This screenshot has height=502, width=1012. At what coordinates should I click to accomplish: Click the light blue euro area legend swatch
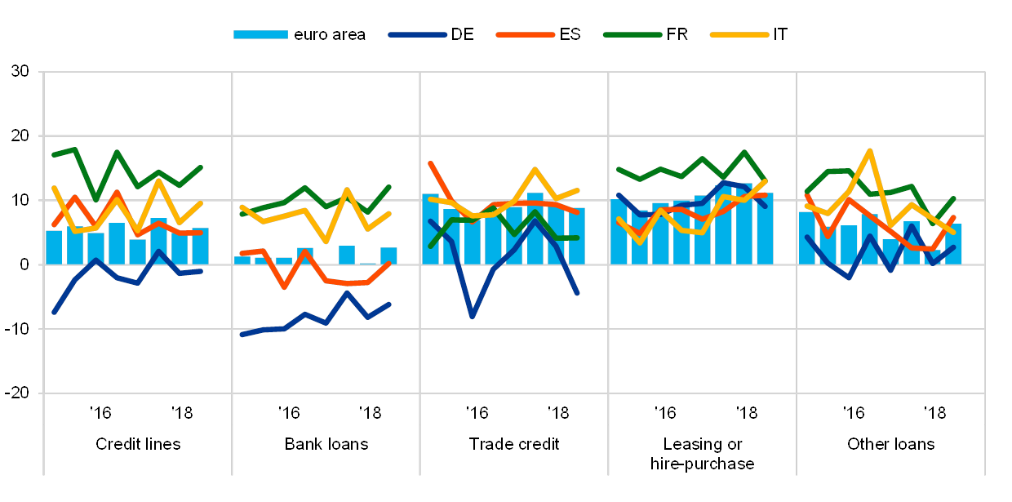point(260,34)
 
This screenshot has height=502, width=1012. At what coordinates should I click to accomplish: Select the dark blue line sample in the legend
point(418,34)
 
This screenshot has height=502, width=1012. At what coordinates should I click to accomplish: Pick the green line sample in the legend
point(632,34)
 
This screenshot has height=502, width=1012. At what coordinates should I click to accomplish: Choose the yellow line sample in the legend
point(739,34)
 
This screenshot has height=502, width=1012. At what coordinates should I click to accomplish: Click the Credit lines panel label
point(138,445)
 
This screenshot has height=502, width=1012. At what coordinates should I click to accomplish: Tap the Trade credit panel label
point(513,445)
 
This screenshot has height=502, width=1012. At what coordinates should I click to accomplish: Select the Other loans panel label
point(890,445)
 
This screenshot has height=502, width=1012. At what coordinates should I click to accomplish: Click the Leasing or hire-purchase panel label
point(703,454)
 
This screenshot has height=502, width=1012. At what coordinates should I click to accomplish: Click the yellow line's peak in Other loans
point(870,151)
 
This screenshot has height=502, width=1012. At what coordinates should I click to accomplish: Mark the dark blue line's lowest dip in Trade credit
point(472,315)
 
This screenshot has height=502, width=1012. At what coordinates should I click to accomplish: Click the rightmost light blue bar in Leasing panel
point(765,229)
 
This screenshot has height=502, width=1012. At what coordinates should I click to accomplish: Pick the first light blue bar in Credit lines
point(54,247)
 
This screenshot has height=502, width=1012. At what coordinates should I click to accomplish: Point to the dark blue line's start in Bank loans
point(242,334)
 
